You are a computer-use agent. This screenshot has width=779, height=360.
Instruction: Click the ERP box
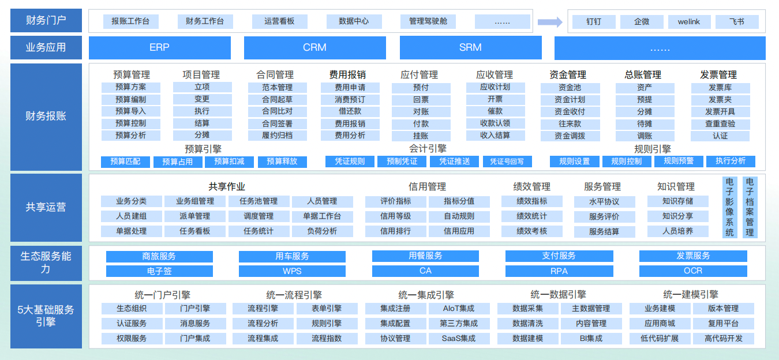(159, 48)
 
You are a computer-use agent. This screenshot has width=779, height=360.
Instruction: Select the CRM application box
(314, 48)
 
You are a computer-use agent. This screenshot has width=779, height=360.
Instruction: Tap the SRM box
(470, 48)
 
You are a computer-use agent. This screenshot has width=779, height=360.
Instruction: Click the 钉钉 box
(593, 22)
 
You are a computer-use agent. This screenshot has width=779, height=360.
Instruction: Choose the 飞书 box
(736, 22)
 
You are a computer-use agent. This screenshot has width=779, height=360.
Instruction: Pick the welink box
(689, 22)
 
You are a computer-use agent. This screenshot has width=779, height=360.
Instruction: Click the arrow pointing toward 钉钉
(549, 22)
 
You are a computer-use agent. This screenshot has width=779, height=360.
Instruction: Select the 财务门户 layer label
(46, 21)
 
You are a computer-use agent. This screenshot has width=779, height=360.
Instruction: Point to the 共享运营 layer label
(46, 207)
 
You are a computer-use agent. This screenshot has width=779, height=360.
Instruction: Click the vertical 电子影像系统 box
(730, 207)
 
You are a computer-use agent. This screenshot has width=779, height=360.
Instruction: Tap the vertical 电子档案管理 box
(750, 207)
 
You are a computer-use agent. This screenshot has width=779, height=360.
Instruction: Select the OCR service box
(693, 271)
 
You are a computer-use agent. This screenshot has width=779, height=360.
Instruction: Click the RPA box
(559, 271)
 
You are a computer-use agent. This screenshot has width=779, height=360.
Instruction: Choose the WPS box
(292, 271)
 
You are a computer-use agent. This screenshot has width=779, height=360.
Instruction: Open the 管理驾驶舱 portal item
(428, 22)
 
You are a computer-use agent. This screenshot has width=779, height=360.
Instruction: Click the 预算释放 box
(282, 162)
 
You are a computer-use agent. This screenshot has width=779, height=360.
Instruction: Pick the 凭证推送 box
(455, 162)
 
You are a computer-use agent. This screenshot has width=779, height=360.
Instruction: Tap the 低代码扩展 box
(660, 339)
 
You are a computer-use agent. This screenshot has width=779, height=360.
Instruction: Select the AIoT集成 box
(459, 309)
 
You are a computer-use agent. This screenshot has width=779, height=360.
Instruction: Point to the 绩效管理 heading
(532, 186)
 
